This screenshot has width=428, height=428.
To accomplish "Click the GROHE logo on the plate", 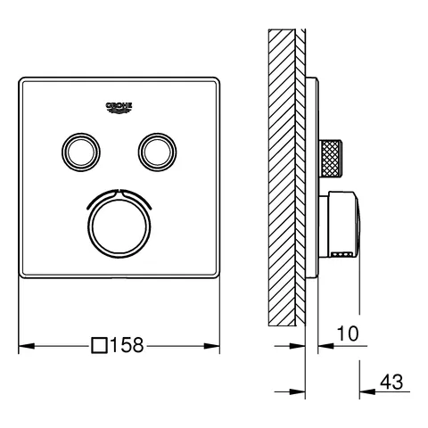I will pyautogui.click(x=119, y=106).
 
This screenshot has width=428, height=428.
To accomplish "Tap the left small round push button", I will pyautogui.click(x=78, y=147).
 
